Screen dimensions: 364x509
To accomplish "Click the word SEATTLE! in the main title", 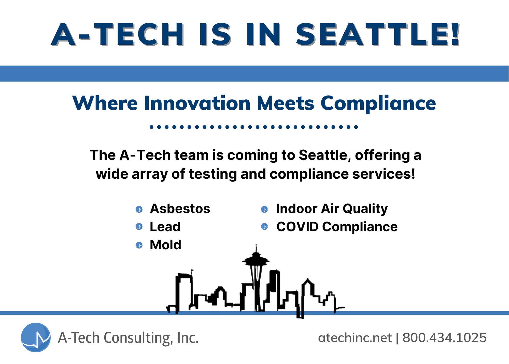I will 378,34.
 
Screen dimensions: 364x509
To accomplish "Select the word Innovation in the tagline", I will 197,103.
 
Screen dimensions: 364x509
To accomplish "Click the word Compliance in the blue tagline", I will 378,103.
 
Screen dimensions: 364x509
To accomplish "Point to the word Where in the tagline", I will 105,103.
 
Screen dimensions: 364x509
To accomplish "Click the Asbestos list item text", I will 180,209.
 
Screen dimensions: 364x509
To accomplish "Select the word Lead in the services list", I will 165,227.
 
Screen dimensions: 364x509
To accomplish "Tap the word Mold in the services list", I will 165,245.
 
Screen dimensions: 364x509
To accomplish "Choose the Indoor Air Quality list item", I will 332,209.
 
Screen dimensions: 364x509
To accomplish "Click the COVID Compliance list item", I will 337,227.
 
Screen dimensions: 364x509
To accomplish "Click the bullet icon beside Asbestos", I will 139,209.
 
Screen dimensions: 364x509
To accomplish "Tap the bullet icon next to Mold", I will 139,245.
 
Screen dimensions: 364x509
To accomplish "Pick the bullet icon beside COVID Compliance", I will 264,226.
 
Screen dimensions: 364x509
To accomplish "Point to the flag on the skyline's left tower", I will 192,270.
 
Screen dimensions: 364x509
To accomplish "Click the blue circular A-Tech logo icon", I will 36,337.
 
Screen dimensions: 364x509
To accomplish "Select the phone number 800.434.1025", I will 444,338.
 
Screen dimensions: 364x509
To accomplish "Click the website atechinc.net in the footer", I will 355,338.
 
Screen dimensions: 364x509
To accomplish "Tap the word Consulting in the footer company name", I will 137,338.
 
